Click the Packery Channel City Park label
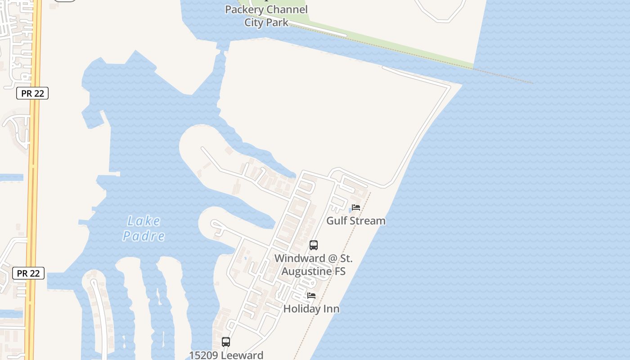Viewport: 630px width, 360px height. [x=266, y=16]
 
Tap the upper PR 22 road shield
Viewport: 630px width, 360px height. [x=32, y=93]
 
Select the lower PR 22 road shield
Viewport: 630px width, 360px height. [x=28, y=273]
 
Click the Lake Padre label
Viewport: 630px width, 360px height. [x=144, y=228]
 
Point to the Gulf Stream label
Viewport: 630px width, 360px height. [x=356, y=220]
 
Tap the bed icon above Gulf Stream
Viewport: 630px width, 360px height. [x=356, y=207]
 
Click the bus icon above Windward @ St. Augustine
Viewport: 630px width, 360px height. [x=314, y=245]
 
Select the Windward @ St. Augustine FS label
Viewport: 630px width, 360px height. [x=314, y=265]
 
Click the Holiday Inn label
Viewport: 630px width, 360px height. [x=311, y=309]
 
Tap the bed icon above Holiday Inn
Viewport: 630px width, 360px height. [x=311, y=296]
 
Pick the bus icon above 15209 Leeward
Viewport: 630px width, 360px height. [x=226, y=342]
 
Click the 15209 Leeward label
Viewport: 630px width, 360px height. [x=226, y=355]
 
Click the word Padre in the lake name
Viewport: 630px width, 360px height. [x=144, y=236]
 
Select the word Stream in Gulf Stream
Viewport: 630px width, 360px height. [x=368, y=220]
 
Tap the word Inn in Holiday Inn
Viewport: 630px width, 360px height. [x=332, y=309]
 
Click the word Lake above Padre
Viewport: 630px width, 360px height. [x=144, y=221]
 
